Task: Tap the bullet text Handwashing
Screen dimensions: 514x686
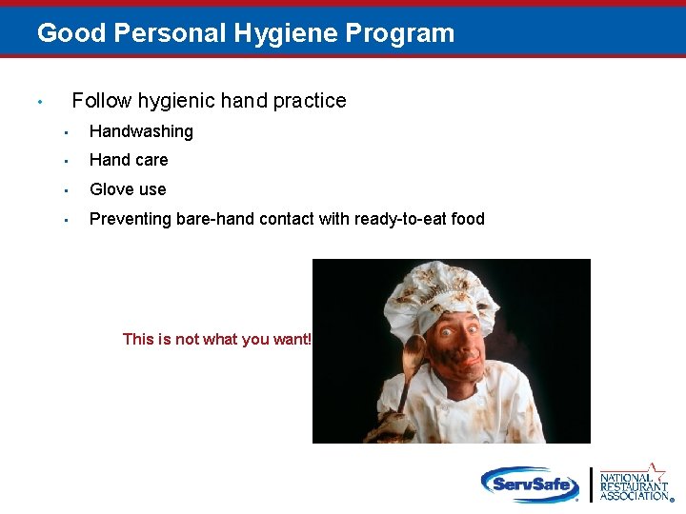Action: pos(141,131)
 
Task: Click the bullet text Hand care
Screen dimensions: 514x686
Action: pos(129,160)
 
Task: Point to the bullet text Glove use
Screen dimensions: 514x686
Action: pos(128,189)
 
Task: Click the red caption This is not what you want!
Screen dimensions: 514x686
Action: pos(217,339)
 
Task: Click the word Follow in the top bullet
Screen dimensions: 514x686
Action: pos(100,101)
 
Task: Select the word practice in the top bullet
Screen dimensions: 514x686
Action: pos(309,101)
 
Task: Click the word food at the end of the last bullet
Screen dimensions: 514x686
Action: pos(468,219)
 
